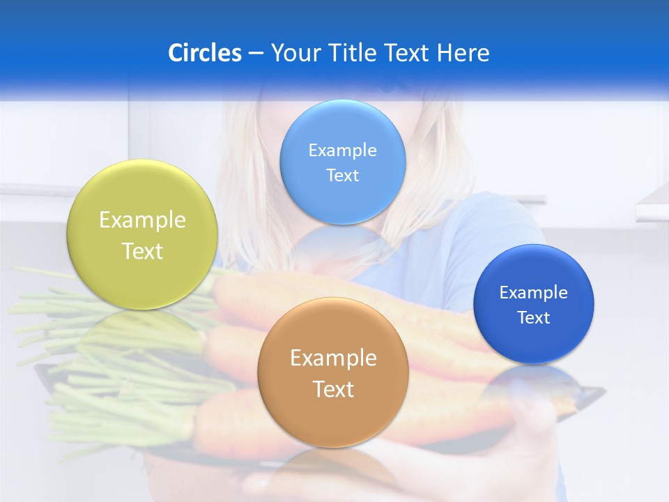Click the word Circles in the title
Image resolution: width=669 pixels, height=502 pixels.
(x=204, y=53)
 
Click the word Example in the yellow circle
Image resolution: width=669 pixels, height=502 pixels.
(x=142, y=220)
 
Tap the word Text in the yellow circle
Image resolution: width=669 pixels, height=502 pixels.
(x=142, y=251)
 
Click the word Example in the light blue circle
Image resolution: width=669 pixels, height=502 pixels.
(x=343, y=151)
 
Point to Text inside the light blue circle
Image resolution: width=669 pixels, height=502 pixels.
(x=343, y=176)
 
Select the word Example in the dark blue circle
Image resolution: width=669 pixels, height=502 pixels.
(x=534, y=293)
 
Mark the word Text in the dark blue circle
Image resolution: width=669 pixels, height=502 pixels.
(x=534, y=318)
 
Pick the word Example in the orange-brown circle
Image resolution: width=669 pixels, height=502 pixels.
(x=333, y=358)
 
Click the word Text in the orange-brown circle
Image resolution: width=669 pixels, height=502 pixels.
(x=333, y=389)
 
